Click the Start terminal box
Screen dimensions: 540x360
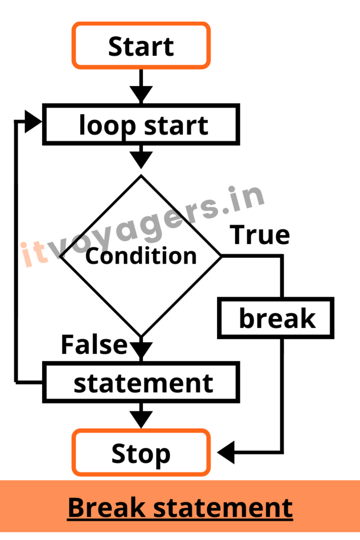[141, 46]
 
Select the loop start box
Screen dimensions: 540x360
[141, 124]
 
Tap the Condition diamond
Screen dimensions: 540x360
[141, 256]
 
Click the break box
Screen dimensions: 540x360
[277, 319]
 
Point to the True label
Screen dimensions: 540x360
[260, 235]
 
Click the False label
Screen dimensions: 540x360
[94, 344]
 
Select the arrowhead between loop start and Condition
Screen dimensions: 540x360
[141, 159]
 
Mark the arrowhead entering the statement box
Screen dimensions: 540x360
[141, 350]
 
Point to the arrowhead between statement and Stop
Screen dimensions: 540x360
[141, 419]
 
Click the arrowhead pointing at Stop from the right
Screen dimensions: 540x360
[227, 452]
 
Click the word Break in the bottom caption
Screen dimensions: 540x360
[106, 508]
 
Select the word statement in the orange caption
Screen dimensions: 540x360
[223, 508]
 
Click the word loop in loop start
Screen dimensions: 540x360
[102, 126]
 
